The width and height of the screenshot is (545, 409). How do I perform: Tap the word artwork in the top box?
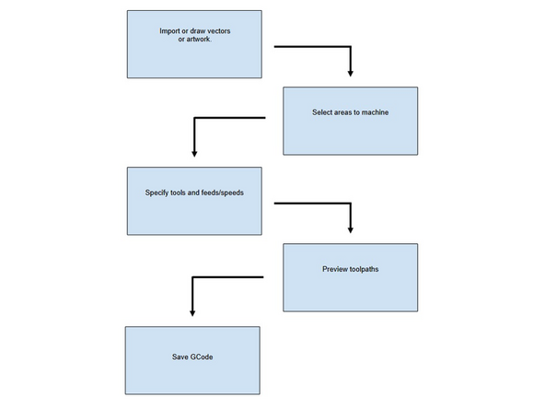(x=196, y=40)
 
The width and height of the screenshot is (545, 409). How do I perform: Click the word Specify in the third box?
(x=159, y=193)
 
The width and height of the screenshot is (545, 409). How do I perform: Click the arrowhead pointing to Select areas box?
(x=350, y=72)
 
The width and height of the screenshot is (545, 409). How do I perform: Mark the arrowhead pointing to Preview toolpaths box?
(x=350, y=228)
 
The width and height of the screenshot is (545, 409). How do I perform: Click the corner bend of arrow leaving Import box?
(x=350, y=45)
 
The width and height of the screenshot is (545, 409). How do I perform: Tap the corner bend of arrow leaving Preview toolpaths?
(x=191, y=276)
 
